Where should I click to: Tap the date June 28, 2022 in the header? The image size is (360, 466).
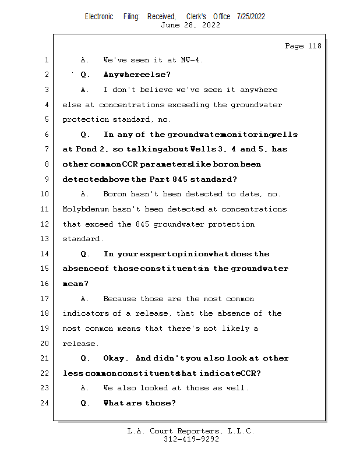(x=190, y=25)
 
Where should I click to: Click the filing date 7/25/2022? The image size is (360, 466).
(x=251, y=16)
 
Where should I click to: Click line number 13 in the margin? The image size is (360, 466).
(x=46, y=239)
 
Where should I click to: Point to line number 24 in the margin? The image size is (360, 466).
(x=46, y=403)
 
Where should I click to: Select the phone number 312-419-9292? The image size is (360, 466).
(x=190, y=440)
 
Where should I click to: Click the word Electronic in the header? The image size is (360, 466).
(x=99, y=16)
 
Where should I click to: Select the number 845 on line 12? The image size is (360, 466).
(x=143, y=224)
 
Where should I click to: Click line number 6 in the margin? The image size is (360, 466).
(x=46, y=135)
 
